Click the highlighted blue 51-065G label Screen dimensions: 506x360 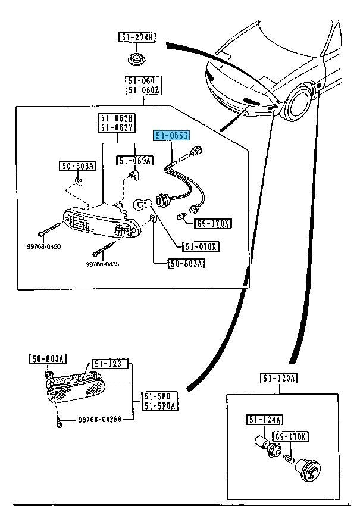pos(172,136)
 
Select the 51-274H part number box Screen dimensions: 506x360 pos(136,38)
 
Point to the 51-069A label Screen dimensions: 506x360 pos(134,160)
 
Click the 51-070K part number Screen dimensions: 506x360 pos(201,246)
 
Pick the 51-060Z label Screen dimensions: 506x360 pos(142,90)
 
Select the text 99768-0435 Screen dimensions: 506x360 pos(102,264)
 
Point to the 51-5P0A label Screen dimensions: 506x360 pos(157,406)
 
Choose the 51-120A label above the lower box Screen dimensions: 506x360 pos(278,379)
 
